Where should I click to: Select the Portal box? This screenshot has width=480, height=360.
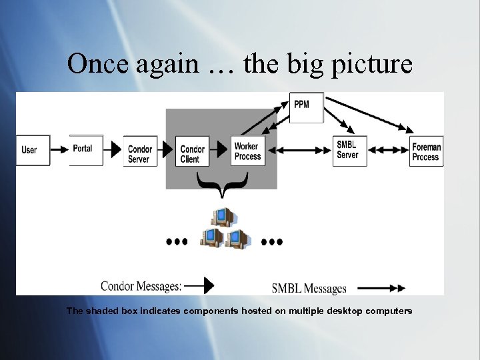point(82,149)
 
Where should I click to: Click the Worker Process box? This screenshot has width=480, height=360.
point(247,151)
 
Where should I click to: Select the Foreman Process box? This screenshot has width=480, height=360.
point(426,151)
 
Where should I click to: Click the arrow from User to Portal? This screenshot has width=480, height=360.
point(59,148)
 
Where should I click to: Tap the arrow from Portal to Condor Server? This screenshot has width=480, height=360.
point(114,148)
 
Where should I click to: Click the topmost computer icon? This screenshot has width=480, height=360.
point(222,217)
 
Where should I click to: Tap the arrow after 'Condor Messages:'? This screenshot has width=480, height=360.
point(199,286)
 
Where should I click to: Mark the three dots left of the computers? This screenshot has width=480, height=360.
point(177,241)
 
